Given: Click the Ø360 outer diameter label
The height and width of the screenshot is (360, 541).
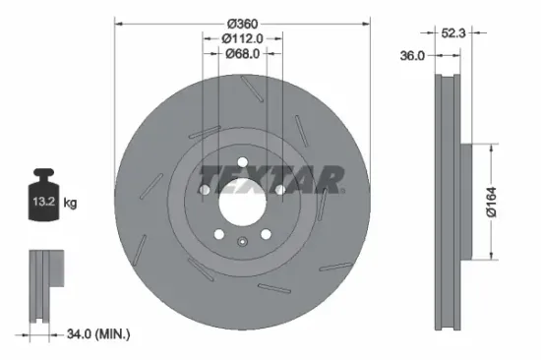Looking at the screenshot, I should tap(242, 23).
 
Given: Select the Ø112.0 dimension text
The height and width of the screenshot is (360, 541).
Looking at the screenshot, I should tap(242, 38).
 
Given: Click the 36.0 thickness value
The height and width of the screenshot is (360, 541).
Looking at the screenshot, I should tap(412, 56).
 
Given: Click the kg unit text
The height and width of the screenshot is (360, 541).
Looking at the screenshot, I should tap(70, 204).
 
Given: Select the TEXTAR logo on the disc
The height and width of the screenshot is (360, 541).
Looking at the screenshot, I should tap(271, 180).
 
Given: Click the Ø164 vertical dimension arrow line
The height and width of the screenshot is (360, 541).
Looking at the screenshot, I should tap(489, 202).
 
